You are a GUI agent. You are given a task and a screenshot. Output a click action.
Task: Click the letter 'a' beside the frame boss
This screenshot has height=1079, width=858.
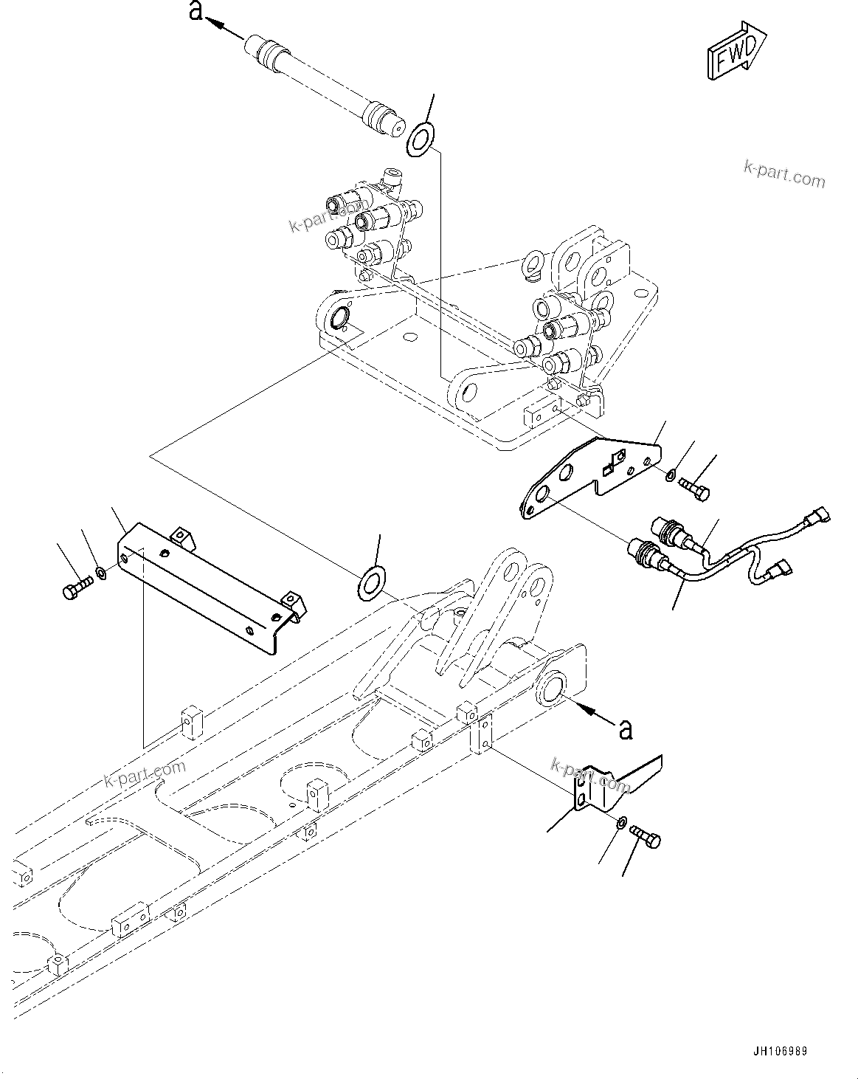(x=626, y=729)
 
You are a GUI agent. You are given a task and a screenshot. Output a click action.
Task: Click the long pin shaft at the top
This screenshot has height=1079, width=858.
(x=325, y=85)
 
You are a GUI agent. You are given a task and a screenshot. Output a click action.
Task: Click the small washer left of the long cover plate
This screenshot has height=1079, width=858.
(x=102, y=571)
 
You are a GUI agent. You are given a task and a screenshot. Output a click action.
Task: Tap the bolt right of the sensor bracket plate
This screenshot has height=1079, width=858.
(x=693, y=489)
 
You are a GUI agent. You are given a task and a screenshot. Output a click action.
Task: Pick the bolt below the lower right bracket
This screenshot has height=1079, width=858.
(x=647, y=835)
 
